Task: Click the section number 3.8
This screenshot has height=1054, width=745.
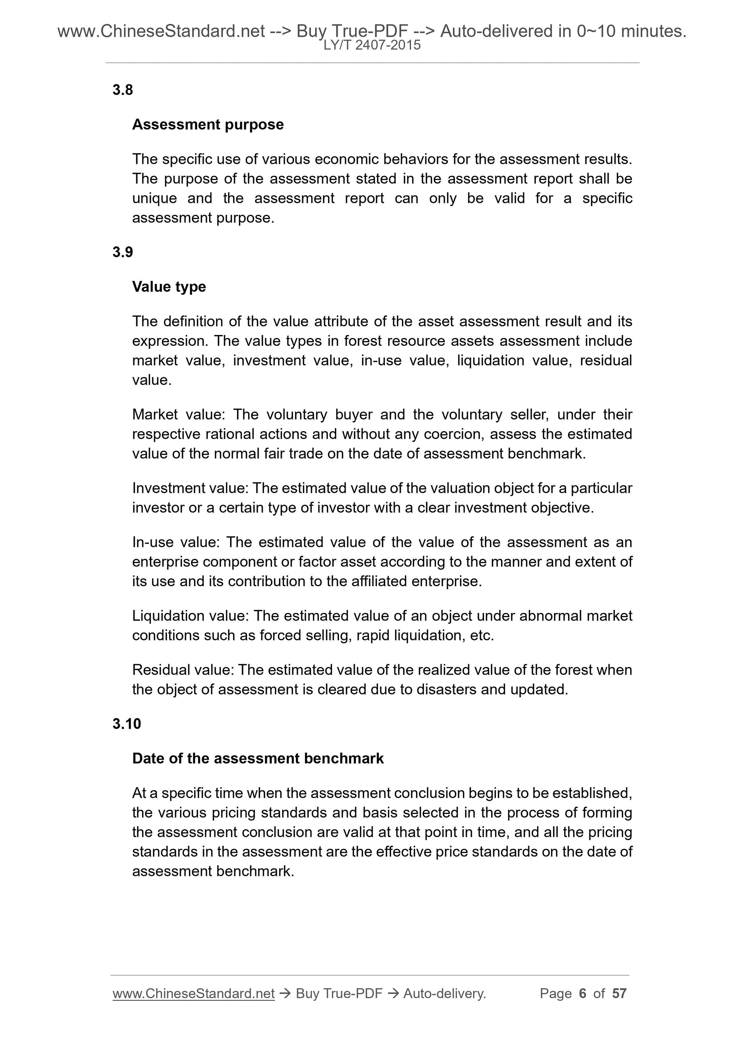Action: pos(123,90)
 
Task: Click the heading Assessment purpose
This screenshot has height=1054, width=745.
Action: pos(207,124)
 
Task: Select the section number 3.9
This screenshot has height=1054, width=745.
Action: pos(123,252)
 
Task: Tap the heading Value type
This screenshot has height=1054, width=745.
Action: pos(169,286)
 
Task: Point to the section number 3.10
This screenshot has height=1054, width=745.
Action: pos(126,724)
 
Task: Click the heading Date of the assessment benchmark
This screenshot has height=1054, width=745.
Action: pos(258,758)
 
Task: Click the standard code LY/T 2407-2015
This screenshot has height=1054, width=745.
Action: pos(372,45)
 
